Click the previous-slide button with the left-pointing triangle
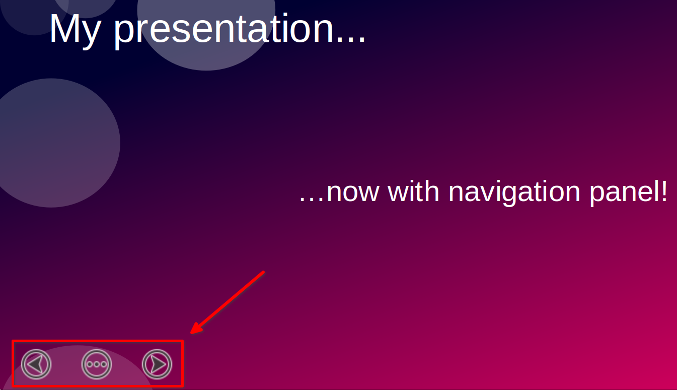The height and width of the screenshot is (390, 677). [36, 364]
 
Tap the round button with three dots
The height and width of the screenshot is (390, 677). [97, 364]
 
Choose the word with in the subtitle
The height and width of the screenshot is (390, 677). [413, 191]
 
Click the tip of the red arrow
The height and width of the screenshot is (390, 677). [190, 334]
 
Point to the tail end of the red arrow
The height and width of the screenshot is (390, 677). [264, 272]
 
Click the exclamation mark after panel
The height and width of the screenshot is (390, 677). [664, 191]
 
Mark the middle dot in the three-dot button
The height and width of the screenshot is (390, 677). [97, 364]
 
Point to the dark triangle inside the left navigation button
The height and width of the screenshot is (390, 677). [35, 364]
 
